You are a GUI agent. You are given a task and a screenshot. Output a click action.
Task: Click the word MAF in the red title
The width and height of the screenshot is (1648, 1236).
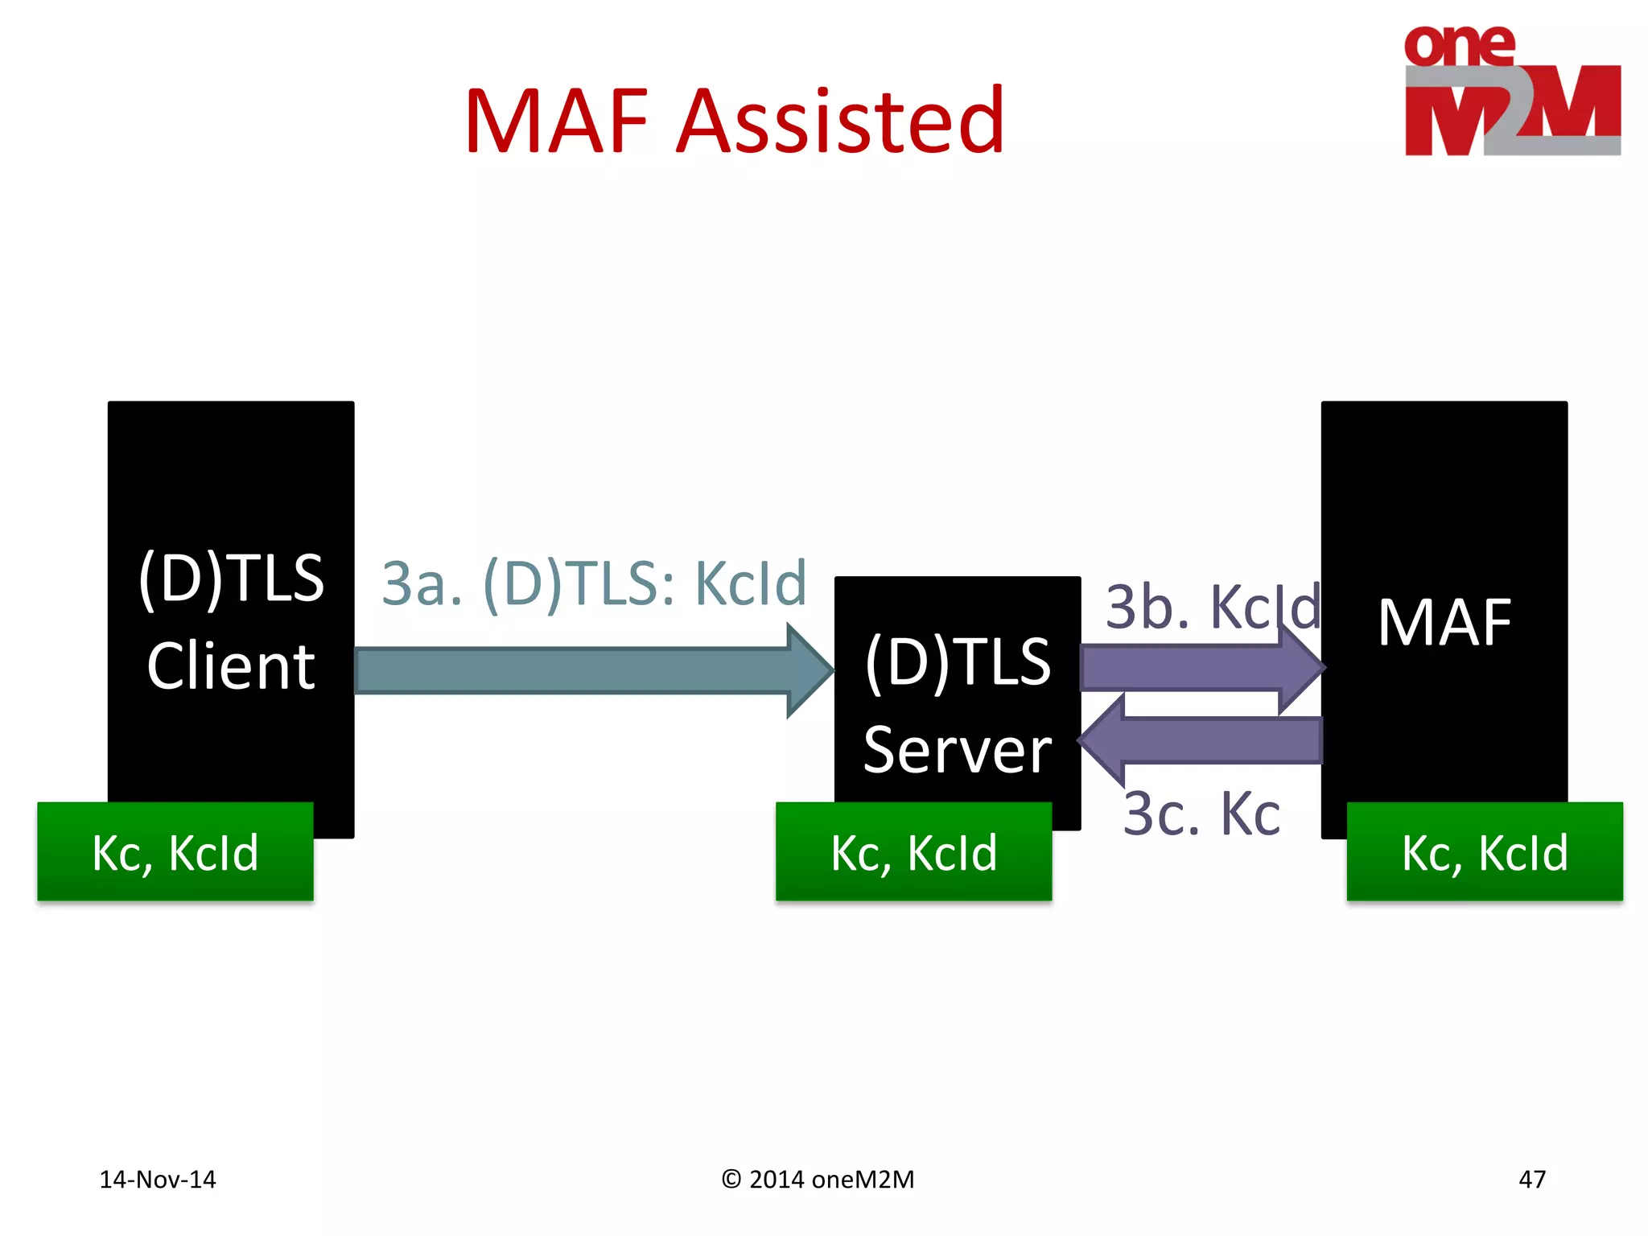(556, 122)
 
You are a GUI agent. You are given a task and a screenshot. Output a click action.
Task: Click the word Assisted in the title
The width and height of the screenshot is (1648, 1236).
(841, 122)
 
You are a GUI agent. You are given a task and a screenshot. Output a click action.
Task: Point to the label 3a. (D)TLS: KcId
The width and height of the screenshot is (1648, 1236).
(594, 583)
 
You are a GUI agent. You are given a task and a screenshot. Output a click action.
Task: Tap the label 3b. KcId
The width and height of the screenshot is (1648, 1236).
(1213, 608)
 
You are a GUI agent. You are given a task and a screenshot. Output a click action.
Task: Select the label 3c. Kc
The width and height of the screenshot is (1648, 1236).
(1201, 814)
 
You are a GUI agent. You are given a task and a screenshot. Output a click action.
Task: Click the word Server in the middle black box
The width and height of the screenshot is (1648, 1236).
(957, 750)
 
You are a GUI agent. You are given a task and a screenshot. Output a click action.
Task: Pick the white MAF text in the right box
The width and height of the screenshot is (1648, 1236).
(1444, 623)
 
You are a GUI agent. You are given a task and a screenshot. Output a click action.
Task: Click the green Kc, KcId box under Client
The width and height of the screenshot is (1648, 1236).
(175, 852)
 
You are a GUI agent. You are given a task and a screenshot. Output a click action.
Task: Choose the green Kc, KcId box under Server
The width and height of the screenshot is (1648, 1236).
(913, 852)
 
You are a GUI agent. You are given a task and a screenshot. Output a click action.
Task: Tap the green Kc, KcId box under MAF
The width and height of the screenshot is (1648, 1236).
(1485, 852)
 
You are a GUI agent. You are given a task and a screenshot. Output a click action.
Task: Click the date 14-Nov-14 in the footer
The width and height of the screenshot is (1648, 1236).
(158, 1180)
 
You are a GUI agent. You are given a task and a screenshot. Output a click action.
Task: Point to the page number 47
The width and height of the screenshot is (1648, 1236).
(1531, 1180)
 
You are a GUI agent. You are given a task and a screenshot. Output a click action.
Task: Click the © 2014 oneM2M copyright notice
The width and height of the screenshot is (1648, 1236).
(818, 1180)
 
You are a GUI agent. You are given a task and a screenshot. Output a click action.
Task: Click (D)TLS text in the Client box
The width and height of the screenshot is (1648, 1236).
(231, 578)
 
